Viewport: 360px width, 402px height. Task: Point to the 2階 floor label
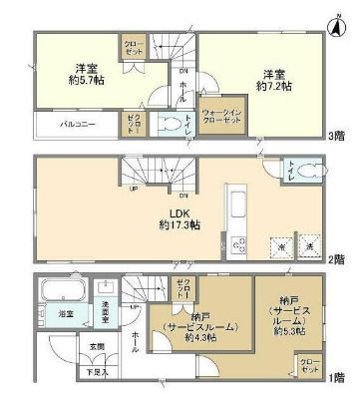pos(338,258)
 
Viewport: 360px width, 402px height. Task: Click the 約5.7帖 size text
pos(84,84)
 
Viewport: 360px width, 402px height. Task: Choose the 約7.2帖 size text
pos(277,88)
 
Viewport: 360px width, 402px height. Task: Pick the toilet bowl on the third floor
pos(178,125)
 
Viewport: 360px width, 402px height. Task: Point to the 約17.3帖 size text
pos(180,226)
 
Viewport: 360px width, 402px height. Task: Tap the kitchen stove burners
pos(238,243)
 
